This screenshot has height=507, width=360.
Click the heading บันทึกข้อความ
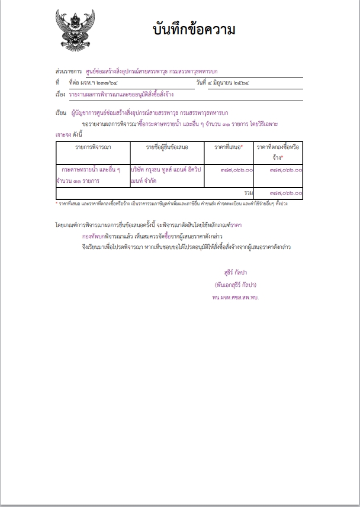point(194,30)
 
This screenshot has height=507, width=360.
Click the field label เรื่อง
point(60,94)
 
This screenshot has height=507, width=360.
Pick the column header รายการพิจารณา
point(93,146)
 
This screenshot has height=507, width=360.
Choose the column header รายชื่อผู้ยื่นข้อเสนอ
point(167,146)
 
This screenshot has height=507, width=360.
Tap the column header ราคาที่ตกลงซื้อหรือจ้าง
point(278,152)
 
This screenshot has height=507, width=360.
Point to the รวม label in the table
point(248,193)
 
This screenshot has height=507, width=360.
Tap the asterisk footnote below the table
point(172,204)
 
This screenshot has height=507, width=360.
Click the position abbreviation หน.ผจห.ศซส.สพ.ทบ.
point(236,296)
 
